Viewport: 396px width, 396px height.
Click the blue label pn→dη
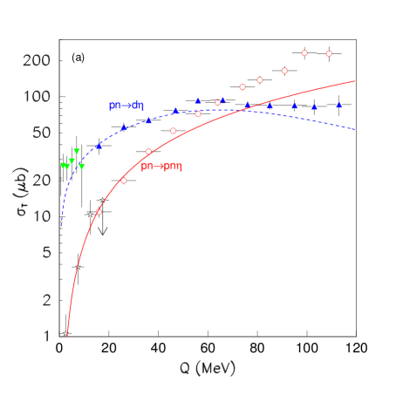(x=126, y=106)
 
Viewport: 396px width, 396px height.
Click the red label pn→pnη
(x=161, y=166)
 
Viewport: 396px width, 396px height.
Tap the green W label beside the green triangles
(x=65, y=165)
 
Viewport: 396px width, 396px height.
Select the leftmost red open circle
(x=99, y=212)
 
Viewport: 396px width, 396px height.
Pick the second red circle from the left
(x=123, y=181)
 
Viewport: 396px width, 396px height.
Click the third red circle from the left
(x=148, y=152)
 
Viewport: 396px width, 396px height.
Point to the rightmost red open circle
(x=329, y=54)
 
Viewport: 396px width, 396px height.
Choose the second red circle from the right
(x=304, y=53)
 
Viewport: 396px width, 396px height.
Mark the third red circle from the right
(x=284, y=71)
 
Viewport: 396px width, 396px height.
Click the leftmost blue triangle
(x=99, y=146)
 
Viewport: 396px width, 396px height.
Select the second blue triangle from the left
(x=123, y=127)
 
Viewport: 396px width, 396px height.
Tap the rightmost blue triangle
(x=339, y=105)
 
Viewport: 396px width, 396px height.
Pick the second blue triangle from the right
(x=314, y=106)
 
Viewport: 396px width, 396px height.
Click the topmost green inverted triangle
(x=77, y=152)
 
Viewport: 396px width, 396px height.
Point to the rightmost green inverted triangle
(x=82, y=166)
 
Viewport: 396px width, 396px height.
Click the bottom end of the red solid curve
(x=67, y=336)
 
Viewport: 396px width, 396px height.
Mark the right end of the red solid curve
(x=355, y=81)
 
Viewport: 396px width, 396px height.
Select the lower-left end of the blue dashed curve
(x=61, y=226)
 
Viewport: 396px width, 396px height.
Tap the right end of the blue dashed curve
(x=355, y=130)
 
